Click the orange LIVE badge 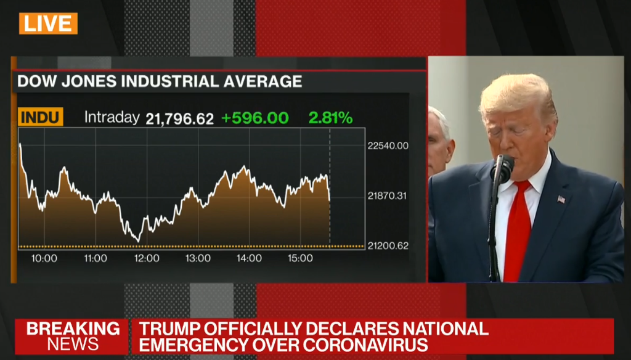[x=48, y=23]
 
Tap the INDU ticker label [x=41, y=117]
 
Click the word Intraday [x=112, y=117]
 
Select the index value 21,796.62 [x=179, y=118]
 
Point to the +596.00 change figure [x=254, y=118]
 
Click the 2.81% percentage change [x=330, y=118]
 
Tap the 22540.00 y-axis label [x=388, y=146]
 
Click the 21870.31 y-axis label [x=388, y=196]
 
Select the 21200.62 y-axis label [x=388, y=246]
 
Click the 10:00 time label [x=44, y=259]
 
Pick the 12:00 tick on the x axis [x=147, y=259]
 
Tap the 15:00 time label [x=300, y=259]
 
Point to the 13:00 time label [x=198, y=259]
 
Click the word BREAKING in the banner [x=73, y=329]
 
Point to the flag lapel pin [x=561, y=199]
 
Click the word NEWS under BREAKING [x=73, y=344]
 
